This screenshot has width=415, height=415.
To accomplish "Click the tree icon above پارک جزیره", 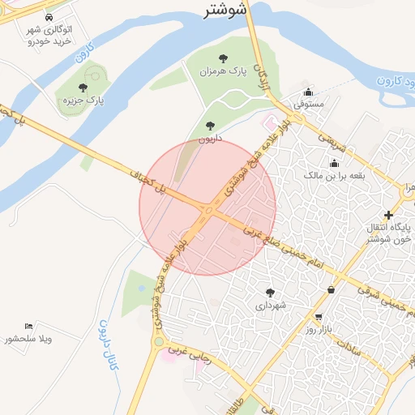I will click(x=83, y=87).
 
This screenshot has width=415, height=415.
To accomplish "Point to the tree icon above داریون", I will click(x=211, y=126).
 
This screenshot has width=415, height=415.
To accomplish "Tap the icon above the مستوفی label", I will click(x=306, y=91).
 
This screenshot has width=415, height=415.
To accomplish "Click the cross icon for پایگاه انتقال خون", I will click(x=390, y=215).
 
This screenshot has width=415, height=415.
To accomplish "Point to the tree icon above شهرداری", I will click(x=270, y=293).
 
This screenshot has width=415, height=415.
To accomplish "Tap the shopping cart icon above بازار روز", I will click(x=319, y=317).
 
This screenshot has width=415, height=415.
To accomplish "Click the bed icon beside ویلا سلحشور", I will click(x=29, y=326).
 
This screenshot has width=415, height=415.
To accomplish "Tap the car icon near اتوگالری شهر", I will click(x=49, y=18).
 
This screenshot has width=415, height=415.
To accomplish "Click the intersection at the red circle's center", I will click(x=207, y=208).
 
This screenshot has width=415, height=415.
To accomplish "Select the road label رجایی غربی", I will click(x=188, y=357).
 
